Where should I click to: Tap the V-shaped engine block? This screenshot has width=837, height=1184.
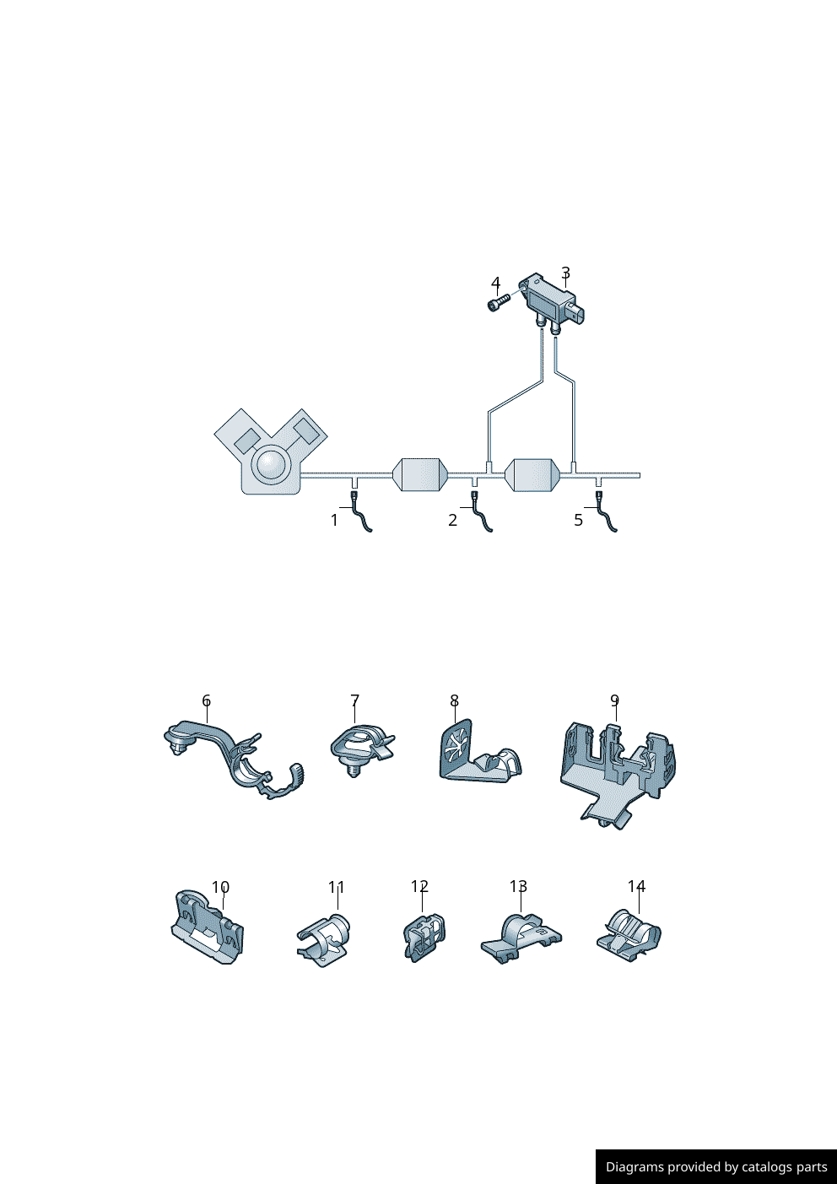271,451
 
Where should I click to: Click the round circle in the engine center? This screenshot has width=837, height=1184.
271,464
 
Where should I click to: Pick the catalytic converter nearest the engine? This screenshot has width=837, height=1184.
421,474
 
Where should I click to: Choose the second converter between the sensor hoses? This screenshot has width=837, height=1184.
533,474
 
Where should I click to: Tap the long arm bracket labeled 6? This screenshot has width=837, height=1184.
233,757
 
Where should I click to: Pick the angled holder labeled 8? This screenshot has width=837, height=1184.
478,752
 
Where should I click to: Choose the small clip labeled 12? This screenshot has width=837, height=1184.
424,937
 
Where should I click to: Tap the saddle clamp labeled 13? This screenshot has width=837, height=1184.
521,938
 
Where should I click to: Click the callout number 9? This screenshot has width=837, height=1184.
614,700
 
